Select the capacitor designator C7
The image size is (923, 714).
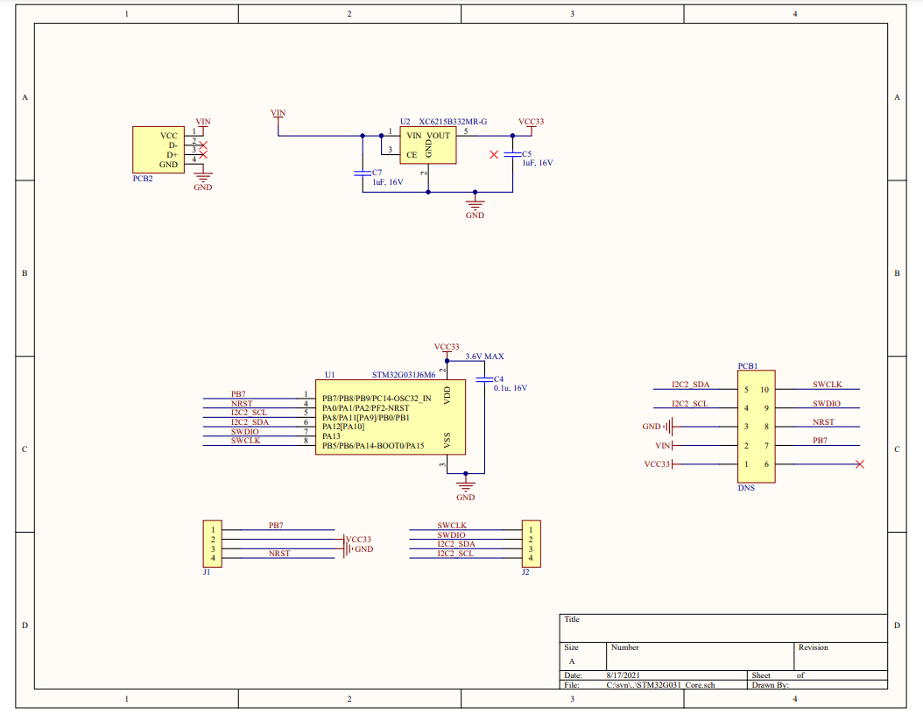point(377,173)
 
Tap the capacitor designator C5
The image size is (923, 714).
point(526,153)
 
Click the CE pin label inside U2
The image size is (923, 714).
point(412,154)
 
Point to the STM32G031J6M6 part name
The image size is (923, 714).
point(403,374)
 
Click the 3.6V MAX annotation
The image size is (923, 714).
point(484,357)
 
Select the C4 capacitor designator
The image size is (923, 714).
point(498,378)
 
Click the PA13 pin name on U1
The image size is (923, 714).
point(330,435)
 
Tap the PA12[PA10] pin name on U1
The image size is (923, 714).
point(343,427)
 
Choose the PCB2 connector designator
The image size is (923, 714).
point(142,178)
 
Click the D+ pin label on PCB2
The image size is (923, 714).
point(173,155)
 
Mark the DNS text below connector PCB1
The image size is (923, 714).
point(746,487)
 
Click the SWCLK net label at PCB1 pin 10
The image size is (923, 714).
point(827,385)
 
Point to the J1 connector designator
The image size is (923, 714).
point(206,572)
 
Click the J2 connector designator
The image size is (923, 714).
point(525,572)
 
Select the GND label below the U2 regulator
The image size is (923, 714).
point(475,215)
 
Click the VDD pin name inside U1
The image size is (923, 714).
point(447,395)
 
